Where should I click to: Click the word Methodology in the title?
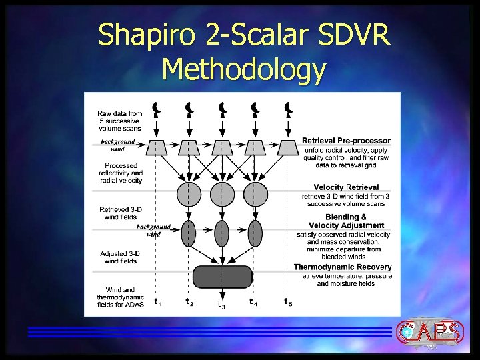coord(243,69)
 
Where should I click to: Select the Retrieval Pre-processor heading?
coord(346,141)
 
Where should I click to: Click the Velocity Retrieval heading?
coord(346,187)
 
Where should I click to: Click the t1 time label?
coord(157,302)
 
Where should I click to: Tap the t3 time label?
coord(221,305)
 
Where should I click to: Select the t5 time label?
coord(287,302)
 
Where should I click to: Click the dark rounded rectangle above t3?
coord(222,276)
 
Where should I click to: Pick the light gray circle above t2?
coord(189,194)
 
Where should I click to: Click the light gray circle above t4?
coord(255,194)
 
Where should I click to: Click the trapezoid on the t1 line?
coord(156,147)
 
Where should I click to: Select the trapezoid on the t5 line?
coord(287,147)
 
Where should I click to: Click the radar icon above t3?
coord(222,109)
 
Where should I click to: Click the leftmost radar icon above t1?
coord(156,109)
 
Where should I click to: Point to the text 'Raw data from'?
coord(119,114)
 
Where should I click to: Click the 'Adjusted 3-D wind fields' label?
coord(119,257)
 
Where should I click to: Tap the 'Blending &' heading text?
coord(346,217)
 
